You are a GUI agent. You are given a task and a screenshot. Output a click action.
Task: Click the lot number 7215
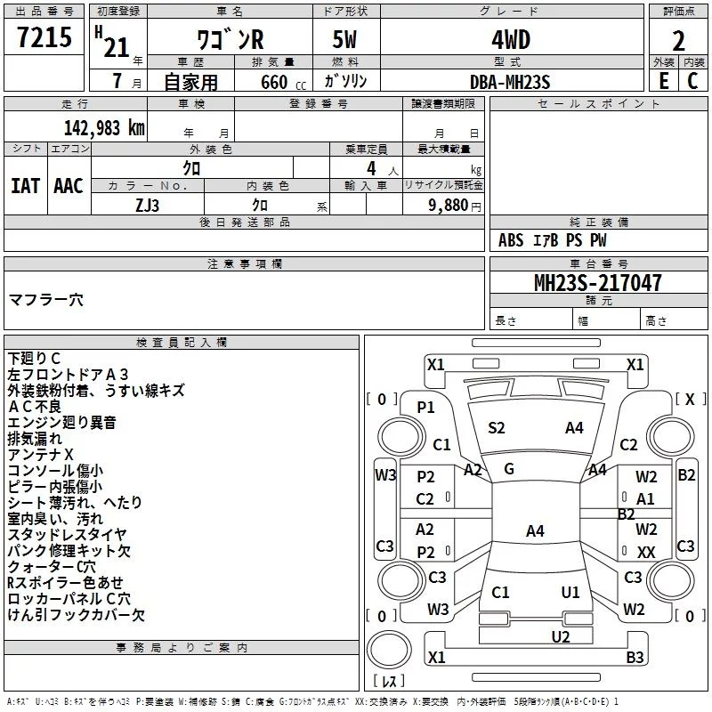click(44, 36)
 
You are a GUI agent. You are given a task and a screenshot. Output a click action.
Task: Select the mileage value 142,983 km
click(104, 128)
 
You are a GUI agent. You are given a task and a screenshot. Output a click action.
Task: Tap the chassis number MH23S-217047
click(597, 282)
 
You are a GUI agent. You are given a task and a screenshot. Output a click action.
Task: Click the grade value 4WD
click(511, 39)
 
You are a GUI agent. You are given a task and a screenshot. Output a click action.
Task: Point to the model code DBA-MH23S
click(510, 82)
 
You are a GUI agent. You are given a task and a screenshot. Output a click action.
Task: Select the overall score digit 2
click(678, 41)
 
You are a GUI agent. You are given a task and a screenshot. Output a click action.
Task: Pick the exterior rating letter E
click(664, 81)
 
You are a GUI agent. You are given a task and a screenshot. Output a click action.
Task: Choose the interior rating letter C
click(692, 81)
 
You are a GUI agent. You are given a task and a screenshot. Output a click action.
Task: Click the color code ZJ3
click(147, 206)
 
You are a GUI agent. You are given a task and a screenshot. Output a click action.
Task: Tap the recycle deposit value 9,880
click(449, 205)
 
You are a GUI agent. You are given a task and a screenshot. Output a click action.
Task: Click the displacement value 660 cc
click(283, 82)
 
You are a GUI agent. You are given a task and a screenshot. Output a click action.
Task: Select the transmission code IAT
click(25, 186)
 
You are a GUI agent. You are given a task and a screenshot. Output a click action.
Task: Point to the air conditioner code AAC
click(69, 186)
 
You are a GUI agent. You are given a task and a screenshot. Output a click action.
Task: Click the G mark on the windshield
click(509, 469)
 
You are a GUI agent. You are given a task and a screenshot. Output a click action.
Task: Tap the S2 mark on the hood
click(497, 428)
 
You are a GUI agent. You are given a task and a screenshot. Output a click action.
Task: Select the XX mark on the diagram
click(646, 552)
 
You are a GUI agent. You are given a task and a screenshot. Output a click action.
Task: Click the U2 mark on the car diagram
click(561, 636)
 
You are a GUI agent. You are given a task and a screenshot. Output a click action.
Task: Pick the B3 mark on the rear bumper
click(635, 657)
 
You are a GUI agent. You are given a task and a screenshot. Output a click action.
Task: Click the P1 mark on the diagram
click(426, 408)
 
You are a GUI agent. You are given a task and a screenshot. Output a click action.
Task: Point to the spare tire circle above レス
click(389, 651)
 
